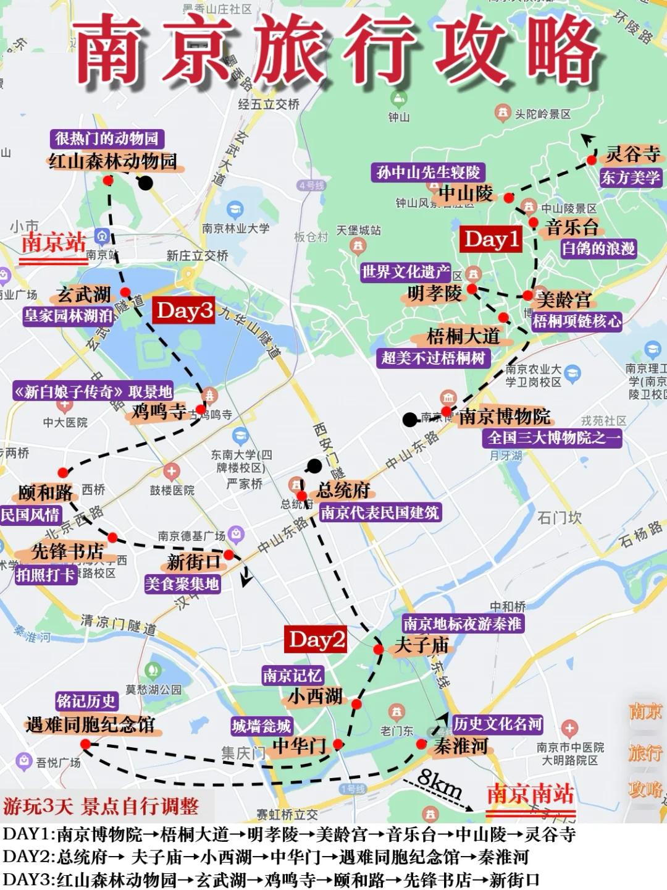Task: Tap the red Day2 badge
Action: click(x=316, y=640)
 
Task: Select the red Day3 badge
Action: click(x=184, y=310)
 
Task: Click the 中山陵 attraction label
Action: click(x=466, y=193)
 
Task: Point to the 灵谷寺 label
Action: click(x=632, y=154)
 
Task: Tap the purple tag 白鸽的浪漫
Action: click(x=598, y=248)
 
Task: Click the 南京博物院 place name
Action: click(x=505, y=417)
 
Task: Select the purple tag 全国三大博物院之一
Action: click(x=552, y=438)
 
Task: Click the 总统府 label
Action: click(x=343, y=491)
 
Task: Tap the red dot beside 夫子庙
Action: click(x=379, y=650)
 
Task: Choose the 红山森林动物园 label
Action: click(x=113, y=162)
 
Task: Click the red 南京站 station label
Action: click(x=54, y=242)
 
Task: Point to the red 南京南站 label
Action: click(x=531, y=794)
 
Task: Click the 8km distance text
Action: click(x=440, y=784)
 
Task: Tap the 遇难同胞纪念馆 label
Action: click(x=91, y=725)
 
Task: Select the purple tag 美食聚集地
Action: click(x=182, y=583)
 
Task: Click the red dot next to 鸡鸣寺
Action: click(x=201, y=409)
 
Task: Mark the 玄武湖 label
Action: click(x=83, y=295)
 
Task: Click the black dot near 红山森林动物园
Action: click(x=145, y=183)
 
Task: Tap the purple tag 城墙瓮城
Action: click(x=261, y=726)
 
